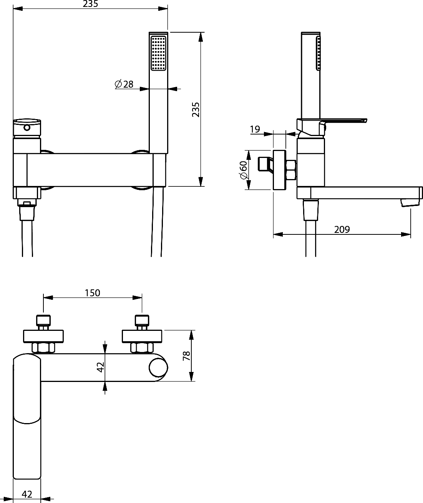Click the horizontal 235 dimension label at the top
point(90,4)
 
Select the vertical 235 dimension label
point(196,110)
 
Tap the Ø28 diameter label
point(124,84)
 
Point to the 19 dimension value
point(255,129)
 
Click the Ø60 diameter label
point(244,170)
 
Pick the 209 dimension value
point(342,229)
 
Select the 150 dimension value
point(93,293)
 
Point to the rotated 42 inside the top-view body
point(100,367)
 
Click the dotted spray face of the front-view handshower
point(159,53)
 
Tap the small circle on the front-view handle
point(27,128)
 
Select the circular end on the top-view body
point(158,368)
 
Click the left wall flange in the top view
point(43,336)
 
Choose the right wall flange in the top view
point(142,336)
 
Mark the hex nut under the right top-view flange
point(142,348)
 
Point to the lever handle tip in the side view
point(366,120)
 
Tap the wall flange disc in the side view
point(280,170)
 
